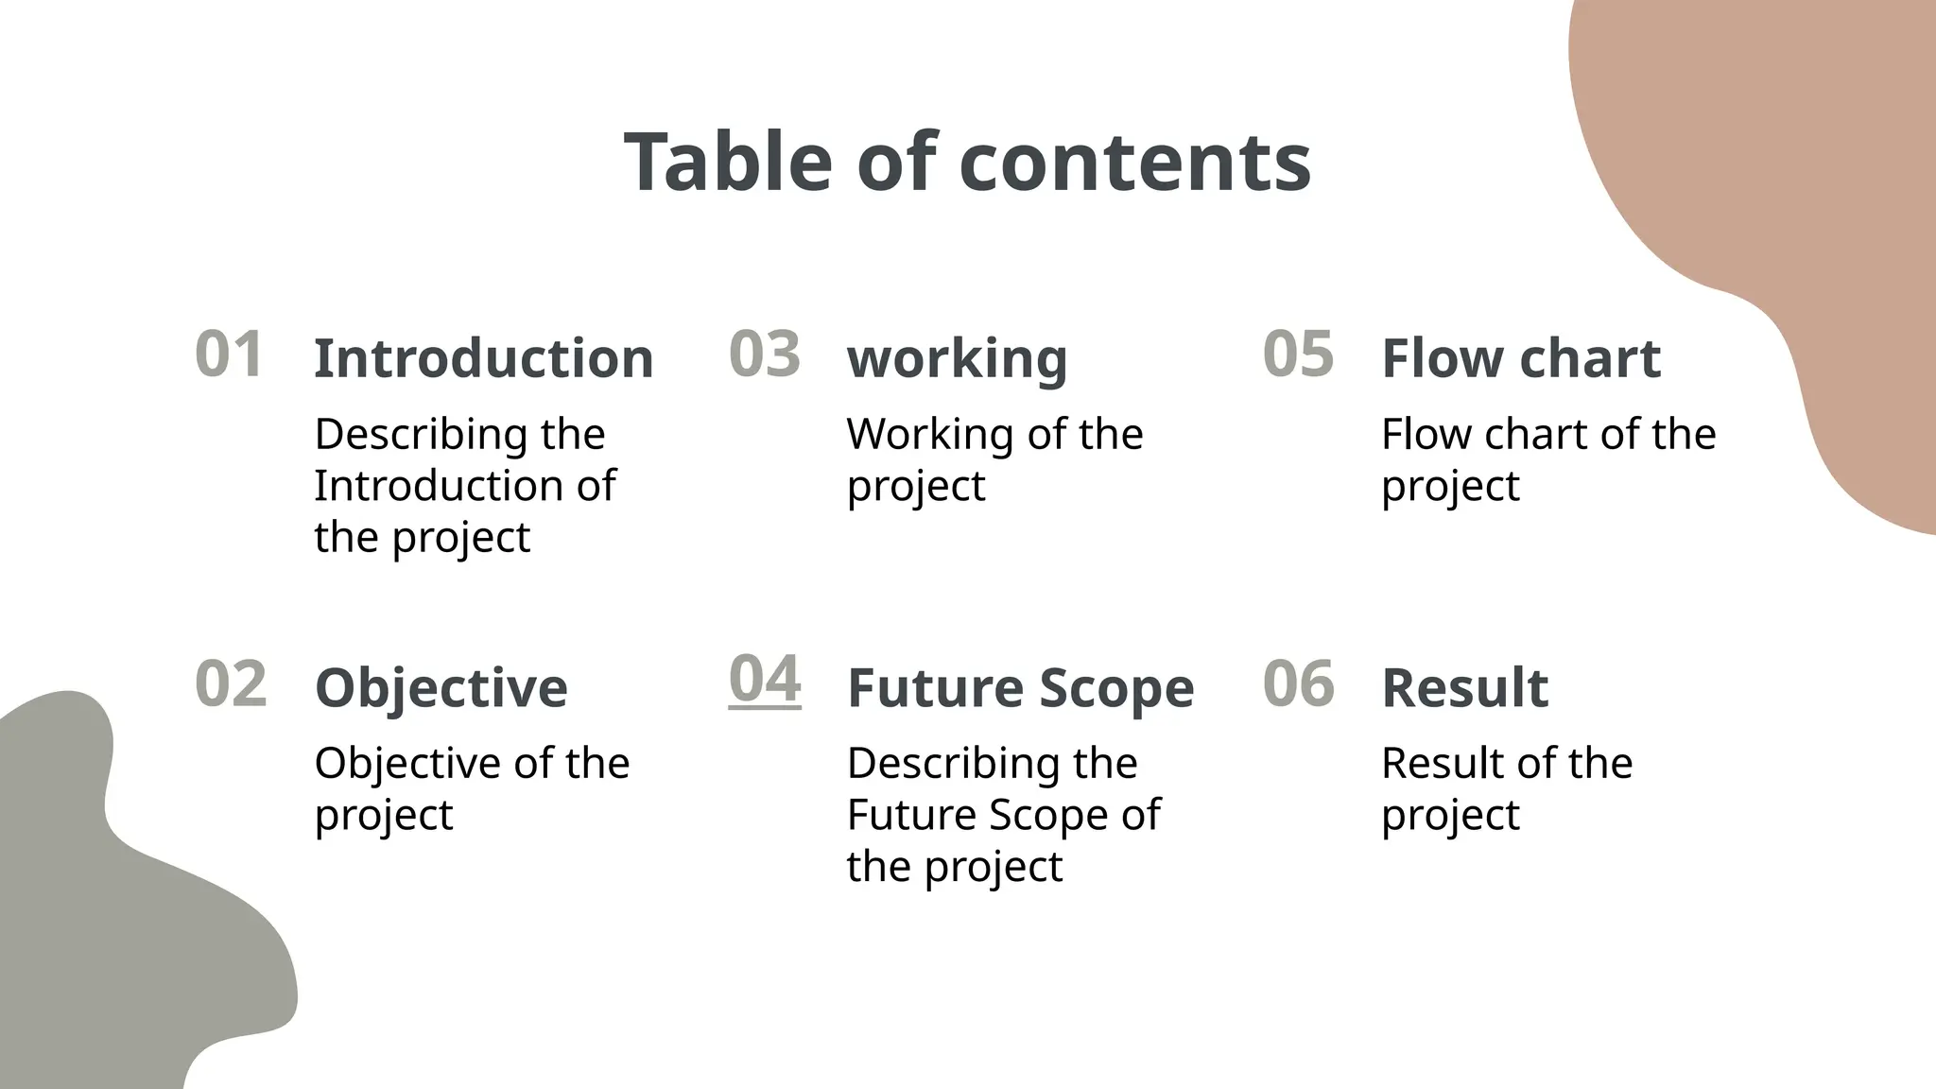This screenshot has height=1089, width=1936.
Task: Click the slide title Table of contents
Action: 967,162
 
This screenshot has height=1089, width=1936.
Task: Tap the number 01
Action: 229,354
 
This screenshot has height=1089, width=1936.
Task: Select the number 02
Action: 231,683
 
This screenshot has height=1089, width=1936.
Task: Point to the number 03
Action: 765,354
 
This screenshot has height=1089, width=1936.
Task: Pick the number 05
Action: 1298,354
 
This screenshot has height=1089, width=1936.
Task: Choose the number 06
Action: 1299,683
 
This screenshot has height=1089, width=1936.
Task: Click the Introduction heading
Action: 483,358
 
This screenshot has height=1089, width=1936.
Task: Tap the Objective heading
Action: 441,687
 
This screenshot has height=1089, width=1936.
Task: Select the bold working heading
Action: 957,358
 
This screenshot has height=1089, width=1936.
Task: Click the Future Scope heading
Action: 1020,687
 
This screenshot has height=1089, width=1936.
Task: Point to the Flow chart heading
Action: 1520,358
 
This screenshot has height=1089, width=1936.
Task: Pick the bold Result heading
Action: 1464,687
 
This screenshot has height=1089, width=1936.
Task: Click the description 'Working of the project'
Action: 994,459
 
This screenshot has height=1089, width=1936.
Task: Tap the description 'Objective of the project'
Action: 472,788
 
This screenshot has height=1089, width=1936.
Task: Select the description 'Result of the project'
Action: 1506,788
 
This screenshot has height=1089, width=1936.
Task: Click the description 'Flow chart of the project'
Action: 1547,459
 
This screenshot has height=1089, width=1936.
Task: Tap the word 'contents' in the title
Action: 1134,162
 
